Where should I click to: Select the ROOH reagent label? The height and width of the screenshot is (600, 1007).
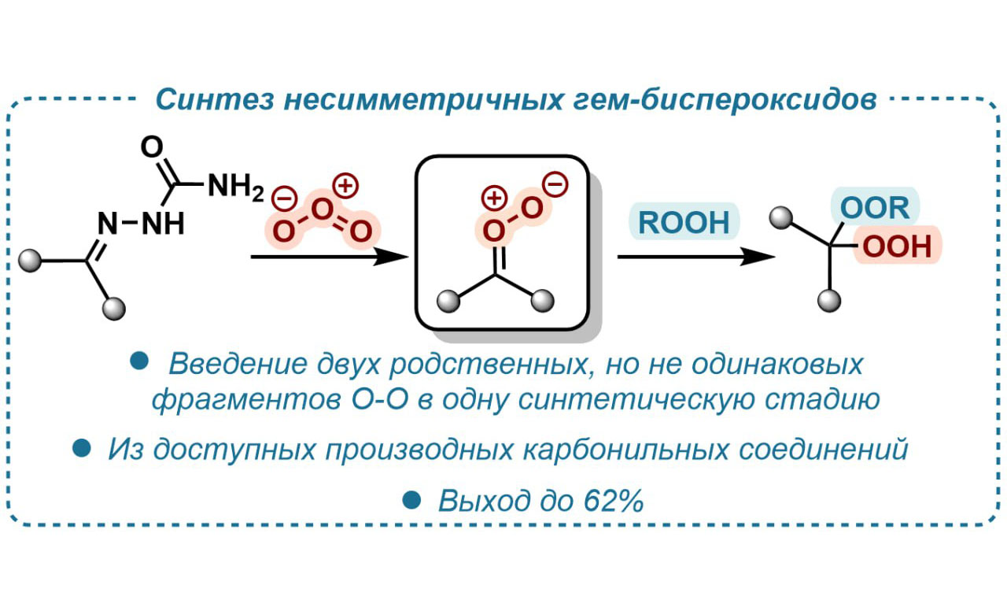click(x=684, y=222)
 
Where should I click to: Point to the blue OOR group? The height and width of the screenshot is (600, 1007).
click(x=874, y=209)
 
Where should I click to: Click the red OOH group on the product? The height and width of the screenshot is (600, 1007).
click(x=897, y=247)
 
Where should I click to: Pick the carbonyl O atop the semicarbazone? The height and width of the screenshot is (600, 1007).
click(x=152, y=147)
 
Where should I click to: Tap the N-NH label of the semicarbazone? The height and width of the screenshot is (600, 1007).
click(x=142, y=225)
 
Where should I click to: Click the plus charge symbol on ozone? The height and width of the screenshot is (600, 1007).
click(x=345, y=187)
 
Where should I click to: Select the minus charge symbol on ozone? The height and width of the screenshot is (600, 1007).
click(x=281, y=195)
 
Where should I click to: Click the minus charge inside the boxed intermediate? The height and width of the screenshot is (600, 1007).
click(x=555, y=186)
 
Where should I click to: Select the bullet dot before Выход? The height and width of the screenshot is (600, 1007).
click(x=411, y=499)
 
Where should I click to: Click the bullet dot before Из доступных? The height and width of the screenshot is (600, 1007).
click(x=80, y=449)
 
